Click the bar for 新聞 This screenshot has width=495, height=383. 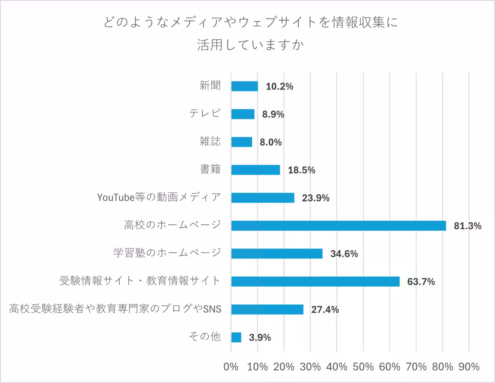[245, 86]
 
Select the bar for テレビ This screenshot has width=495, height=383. [243, 114]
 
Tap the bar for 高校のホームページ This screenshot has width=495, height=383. [339, 226]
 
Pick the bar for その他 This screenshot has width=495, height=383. [236, 337]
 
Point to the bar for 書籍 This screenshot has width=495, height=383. [256, 170]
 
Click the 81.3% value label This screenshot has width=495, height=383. [468, 226]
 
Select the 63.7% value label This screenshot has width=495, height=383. [421, 282]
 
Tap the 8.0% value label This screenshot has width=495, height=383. [271, 142]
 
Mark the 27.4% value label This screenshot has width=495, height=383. [325, 310]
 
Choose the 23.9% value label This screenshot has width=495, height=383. [316, 198]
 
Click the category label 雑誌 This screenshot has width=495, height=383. [210, 142]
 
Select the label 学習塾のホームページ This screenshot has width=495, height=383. [167, 253]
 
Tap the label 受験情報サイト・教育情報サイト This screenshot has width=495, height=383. [140, 281]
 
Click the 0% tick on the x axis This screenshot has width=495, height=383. [231, 366]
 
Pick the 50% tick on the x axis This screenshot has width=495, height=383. [363, 366]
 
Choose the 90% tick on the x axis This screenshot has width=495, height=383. [469, 366]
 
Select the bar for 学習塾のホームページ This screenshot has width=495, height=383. [277, 253]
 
